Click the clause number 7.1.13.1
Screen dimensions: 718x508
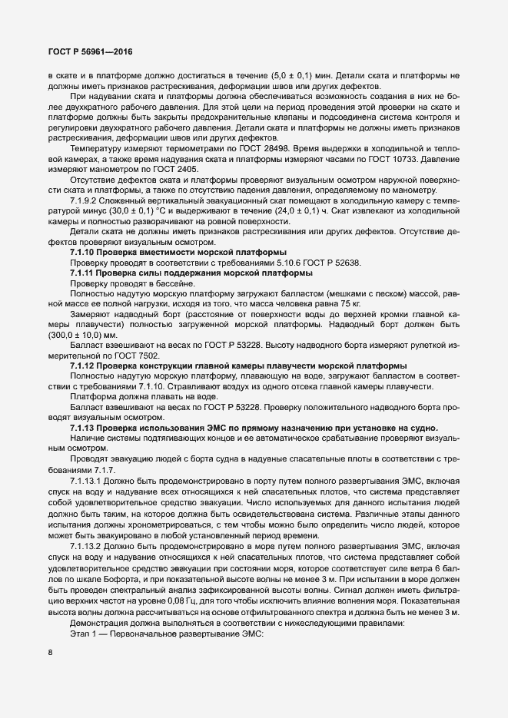pos(89,480)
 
